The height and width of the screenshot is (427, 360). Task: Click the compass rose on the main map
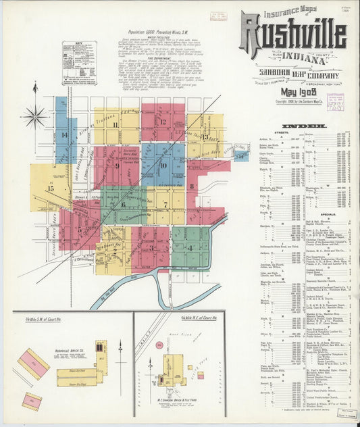pos(34,116)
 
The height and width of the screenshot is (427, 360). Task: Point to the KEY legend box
pos(79,62)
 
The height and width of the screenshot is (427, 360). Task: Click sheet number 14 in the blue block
pos(65,135)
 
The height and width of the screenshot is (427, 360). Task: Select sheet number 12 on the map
pos(163,122)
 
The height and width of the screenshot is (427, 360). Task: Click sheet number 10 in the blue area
pos(163,164)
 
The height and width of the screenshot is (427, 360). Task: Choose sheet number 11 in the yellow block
pos(115,124)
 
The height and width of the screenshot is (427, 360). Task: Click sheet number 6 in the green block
pos(124,203)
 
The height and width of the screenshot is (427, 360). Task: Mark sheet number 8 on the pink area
pos(192,185)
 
